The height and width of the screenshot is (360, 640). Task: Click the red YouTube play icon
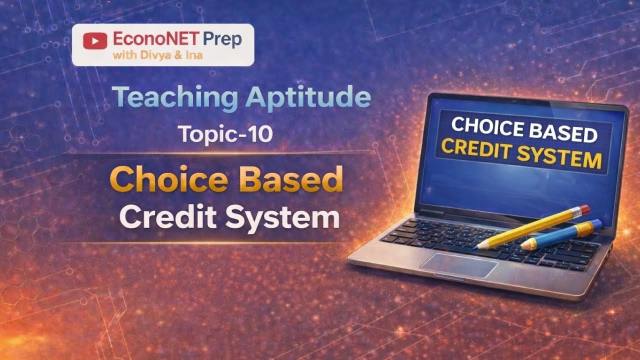pyautogui.click(x=95, y=40)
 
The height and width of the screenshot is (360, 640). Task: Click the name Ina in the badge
pyautogui.click(x=194, y=55)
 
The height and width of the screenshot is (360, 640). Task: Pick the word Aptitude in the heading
pyautogui.click(x=308, y=97)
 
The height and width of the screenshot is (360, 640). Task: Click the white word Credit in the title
pyautogui.click(x=166, y=218)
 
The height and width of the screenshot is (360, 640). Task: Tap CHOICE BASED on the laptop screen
pyautogui.click(x=524, y=130)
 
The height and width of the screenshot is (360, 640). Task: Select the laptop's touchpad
pyautogui.click(x=459, y=264)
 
